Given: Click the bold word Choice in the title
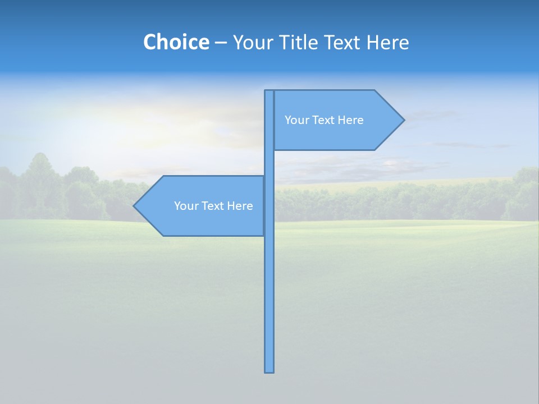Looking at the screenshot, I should click(x=176, y=42).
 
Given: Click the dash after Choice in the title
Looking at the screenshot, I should click(x=221, y=43).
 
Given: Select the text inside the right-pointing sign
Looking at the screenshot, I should click(x=324, y=120).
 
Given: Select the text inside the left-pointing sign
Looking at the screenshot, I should click(x=213, y=206).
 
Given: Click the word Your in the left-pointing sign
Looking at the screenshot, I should click(x=186, y=206).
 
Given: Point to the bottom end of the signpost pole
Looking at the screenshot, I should click(x=269, y=370).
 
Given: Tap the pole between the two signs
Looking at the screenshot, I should click(x=269, y=163).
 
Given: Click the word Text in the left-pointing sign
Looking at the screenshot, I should click(x=213, y=206).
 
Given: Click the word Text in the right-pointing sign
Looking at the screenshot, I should click(x=324, y=120).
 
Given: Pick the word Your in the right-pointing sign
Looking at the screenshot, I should click(x=296, y=120).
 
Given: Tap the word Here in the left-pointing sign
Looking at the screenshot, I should click(x=240, y=206).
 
